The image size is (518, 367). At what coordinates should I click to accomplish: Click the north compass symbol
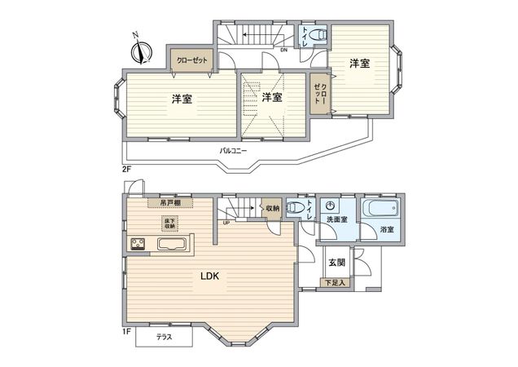click(142, 50)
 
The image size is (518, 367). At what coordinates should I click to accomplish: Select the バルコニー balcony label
click(233, 151)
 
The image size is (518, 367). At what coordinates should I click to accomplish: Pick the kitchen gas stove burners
click(136, 244)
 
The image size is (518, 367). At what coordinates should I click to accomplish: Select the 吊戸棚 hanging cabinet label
click(169, 203)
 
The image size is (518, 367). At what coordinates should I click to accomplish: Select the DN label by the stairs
click(283, 51)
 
